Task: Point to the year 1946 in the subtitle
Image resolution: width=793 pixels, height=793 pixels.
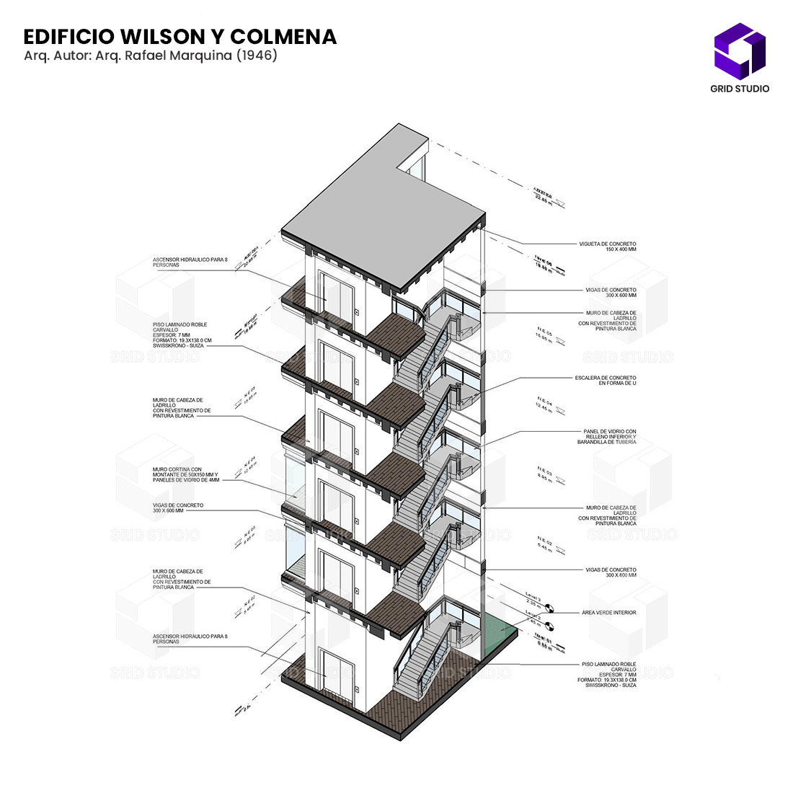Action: point(257,56)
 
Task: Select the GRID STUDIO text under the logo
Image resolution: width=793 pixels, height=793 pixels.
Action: point(740,89)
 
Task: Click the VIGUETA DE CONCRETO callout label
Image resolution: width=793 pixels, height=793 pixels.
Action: point(607,247)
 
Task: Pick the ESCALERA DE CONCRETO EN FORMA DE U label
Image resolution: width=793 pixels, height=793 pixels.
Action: point(606,380)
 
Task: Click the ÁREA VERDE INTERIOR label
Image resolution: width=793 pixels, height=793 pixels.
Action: point(609,613)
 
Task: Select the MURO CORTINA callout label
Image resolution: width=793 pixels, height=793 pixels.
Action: point(185,474)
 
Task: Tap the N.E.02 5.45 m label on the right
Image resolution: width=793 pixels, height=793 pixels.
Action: point(544,545)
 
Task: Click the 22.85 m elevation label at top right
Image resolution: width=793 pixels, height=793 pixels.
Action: point(542,195)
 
